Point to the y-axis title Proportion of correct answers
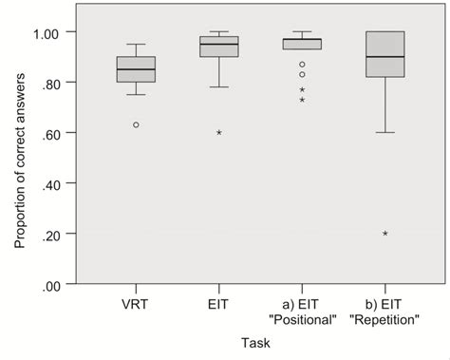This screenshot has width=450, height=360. click(x=20, y=159)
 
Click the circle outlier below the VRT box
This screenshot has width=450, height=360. click(x=136, y=124)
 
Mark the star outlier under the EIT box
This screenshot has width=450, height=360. click(x=219, y=133)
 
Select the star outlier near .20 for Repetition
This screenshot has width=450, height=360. click(x=384, y=234)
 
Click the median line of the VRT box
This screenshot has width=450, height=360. click(x=136, y=69)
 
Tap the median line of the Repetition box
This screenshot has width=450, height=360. click(x=384, y=57)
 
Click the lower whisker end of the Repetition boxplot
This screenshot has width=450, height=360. click(x=384, y=132)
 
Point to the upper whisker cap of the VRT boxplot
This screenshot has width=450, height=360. click(x=136, y=45)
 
